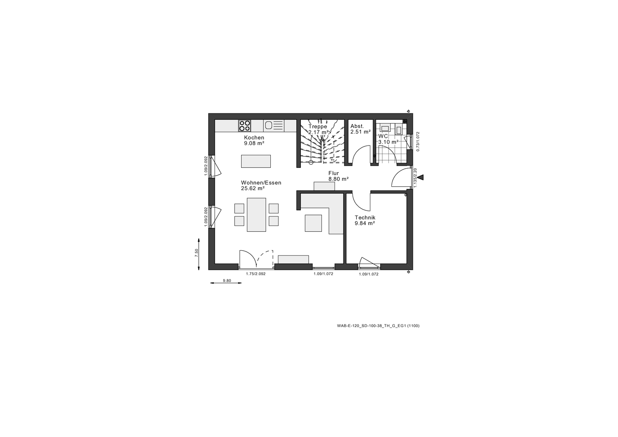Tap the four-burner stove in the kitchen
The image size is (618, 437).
[245, 126]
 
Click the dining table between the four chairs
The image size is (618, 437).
[256, 215]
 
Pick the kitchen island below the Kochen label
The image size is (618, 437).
[256, 161]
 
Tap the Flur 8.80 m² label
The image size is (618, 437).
[338, 176]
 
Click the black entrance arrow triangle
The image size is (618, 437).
[420, 177]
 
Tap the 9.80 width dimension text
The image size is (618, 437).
[227, 281]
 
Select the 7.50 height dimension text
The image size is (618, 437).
[197, 253]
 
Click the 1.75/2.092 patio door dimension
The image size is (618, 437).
[256, 274]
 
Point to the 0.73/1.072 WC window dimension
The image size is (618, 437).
[418, 141]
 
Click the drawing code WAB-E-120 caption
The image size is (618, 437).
[378, 326]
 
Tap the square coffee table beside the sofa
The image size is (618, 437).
[313, 223]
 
